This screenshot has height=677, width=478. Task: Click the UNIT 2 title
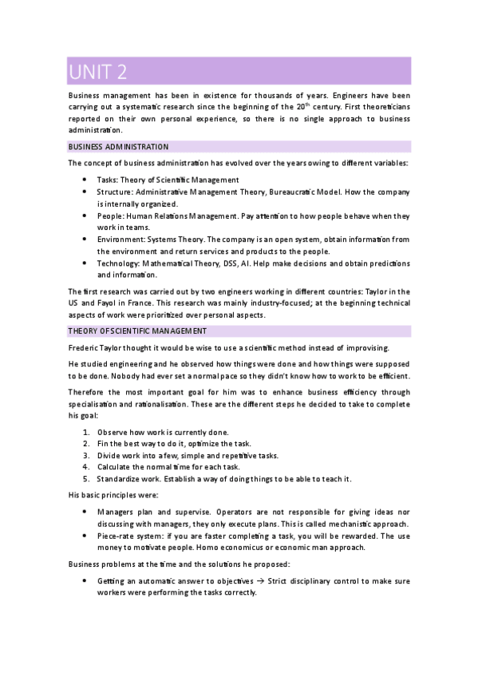97,72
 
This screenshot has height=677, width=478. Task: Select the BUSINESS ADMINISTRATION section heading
118,147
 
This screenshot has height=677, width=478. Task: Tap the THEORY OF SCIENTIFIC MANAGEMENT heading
137,331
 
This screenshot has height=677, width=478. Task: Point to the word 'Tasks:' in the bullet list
109,180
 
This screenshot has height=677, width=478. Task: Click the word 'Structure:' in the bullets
115,192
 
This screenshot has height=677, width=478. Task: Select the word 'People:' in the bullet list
111,216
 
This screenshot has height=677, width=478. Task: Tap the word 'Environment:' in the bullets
121,239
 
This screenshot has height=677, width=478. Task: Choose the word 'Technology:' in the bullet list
119,263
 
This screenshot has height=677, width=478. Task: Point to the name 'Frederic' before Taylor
85,347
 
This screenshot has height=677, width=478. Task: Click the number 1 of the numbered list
86,432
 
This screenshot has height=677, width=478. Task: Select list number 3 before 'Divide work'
86,455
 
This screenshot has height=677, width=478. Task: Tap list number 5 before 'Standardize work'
86,479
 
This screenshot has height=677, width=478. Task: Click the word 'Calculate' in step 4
117,467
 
